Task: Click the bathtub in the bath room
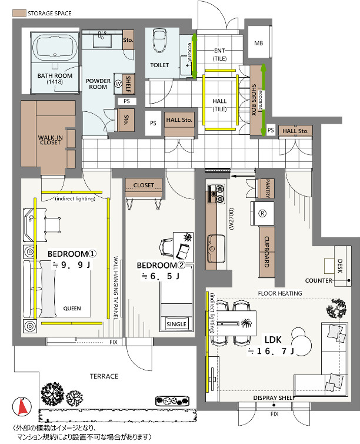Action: (55, 47)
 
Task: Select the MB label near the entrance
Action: (258, 43)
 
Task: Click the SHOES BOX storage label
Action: (254, 100)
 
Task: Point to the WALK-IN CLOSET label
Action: (51, 140)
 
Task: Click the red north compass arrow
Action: (22, 406)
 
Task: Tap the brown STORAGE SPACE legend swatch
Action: (19, 13)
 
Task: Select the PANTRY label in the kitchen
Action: (268, 188)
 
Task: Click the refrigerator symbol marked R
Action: (262, 213)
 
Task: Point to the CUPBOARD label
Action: (266, 251)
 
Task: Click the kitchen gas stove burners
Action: (216, 193)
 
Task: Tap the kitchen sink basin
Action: (216, 248)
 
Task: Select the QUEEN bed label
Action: (72, 309)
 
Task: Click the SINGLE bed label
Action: (176, 324)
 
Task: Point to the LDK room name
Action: (273, 340)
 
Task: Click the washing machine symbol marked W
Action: (118, 84)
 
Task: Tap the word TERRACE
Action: (104, 376)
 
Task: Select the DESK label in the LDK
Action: (340, 266)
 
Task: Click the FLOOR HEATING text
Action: (279, 293)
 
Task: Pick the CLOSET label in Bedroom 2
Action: (144, 185)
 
